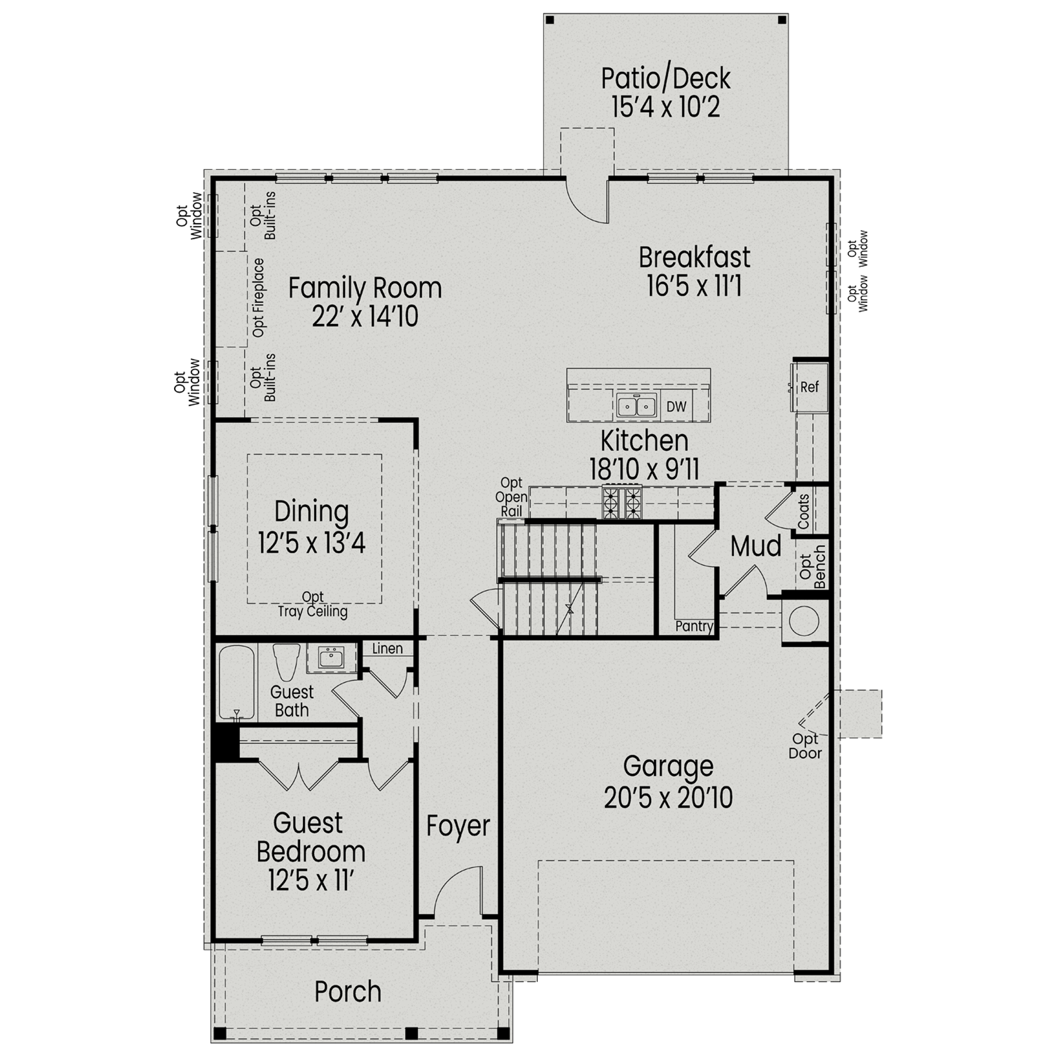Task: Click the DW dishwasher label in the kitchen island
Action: (676, 406)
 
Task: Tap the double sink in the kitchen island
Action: (636, 406)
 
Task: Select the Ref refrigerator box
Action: (810, 387)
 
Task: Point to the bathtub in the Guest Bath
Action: (237, 682)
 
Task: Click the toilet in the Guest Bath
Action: (286, 662)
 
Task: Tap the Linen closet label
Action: (387, 649)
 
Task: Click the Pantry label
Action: (694, 627)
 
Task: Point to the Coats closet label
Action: (803, 511)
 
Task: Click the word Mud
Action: (756, 547)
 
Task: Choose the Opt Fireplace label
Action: (259, 298)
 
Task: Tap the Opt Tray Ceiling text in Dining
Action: (313, 604)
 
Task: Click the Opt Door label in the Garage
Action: (805, 746)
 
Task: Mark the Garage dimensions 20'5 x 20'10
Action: (668, 798)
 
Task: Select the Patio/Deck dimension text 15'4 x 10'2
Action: (666, 107)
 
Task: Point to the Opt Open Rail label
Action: (511, 497)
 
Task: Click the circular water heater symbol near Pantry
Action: (804, 621)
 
